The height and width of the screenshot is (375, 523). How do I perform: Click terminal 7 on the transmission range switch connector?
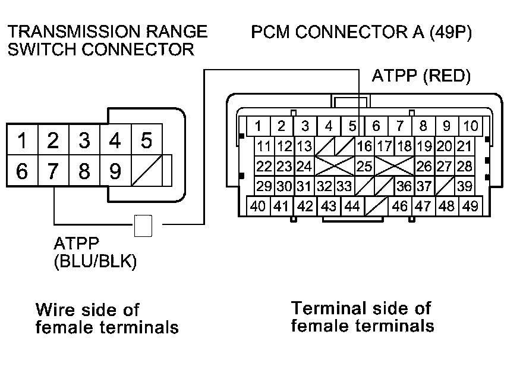(53, 171)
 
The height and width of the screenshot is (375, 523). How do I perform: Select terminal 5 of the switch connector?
(146, 141)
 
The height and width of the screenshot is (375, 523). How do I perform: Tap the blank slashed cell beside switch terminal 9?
(146, 171)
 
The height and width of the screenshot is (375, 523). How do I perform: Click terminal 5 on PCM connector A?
(352, 126)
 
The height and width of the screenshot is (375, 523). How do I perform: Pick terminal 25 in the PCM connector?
(364, 166)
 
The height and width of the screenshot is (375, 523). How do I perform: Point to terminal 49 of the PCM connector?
(470, 207)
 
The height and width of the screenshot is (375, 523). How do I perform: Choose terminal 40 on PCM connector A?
(258, 207)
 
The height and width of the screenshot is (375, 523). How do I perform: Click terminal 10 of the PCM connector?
(470, 126)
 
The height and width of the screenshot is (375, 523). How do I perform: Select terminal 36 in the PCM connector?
(404, 186)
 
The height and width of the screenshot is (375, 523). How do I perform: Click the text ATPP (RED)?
(421, 76)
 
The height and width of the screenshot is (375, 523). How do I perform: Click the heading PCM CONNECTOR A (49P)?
(361, 32)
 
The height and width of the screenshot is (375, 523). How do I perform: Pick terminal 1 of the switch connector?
(22, 141)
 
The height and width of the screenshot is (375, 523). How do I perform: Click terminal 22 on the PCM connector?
(264, 166)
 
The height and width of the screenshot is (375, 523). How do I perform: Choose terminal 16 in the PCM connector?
(364, 146)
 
